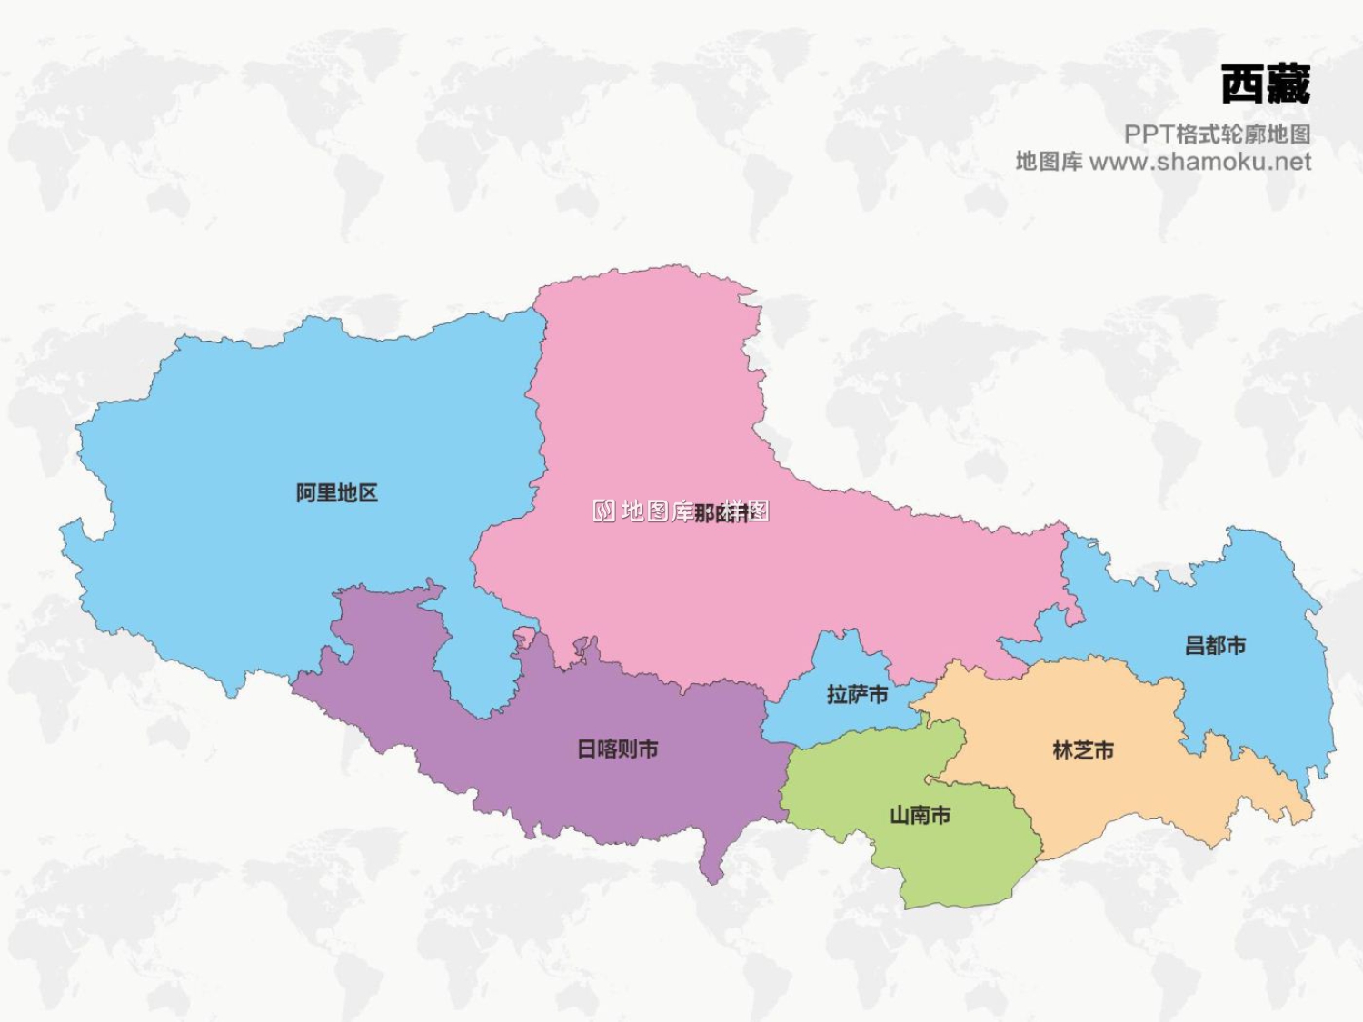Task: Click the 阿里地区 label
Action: pos(336,493)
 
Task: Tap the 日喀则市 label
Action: pos(618,749)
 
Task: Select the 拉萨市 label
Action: pos(857,695)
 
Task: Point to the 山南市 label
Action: pos(920,815)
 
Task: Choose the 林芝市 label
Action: pos(1083,750)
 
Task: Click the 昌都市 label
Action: pos(1215,646)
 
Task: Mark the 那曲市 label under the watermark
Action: pos(721,513)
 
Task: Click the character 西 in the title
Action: pos(1242,85)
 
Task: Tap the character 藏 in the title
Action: pos(1288,85)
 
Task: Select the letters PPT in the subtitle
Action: pos(1149,134)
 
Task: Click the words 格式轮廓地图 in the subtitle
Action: pos(1243,134)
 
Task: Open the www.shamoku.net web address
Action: pos(1199,162)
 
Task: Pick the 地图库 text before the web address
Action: pos(1049,162)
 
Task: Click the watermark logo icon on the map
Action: pos(604,511)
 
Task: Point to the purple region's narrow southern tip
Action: pos(712,868)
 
